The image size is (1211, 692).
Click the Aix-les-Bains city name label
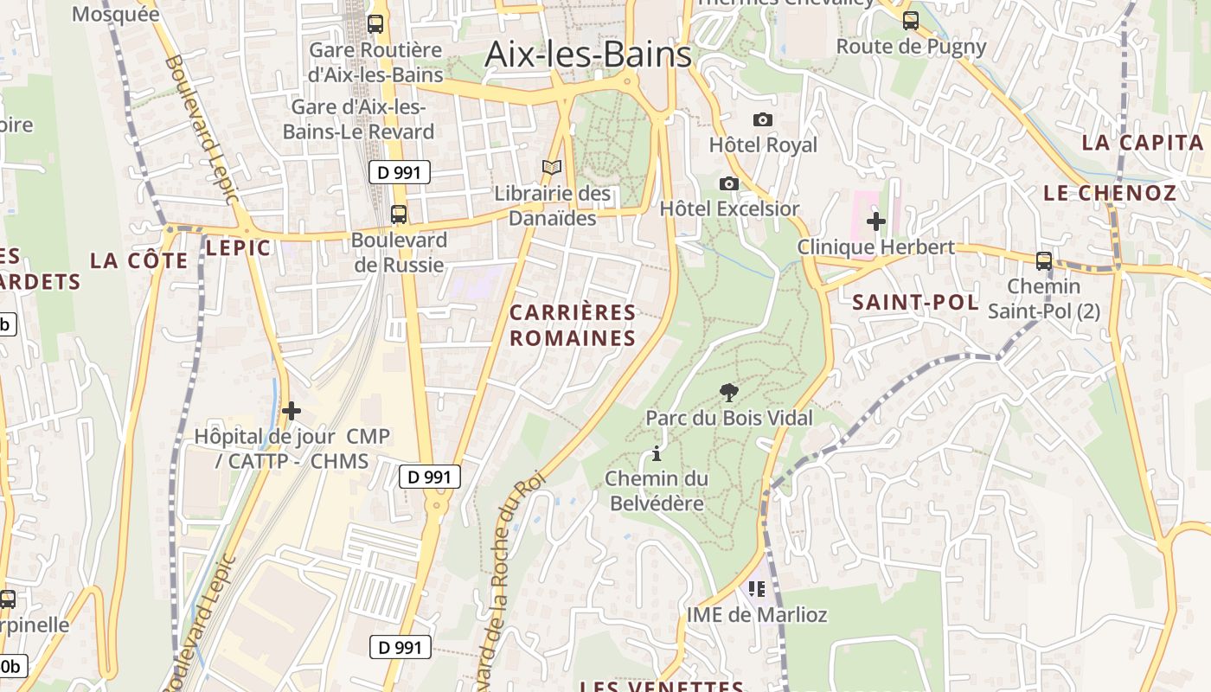588,54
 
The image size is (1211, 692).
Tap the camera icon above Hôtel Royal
763,120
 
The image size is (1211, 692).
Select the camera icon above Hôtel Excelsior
729,183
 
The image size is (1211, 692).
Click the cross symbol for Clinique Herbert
876,221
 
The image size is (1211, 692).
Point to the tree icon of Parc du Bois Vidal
729,393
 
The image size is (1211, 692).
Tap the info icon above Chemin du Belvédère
657,453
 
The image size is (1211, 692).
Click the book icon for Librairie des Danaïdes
552,167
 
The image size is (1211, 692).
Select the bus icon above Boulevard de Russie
399,214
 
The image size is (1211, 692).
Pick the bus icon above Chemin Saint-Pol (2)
1044,260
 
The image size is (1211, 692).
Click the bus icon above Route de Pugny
911,21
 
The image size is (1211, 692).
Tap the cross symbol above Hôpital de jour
292,411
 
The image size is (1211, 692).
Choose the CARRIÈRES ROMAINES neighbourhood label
573,325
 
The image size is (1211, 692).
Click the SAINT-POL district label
915,303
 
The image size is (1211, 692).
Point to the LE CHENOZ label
1110,193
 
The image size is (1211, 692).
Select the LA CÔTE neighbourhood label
138,260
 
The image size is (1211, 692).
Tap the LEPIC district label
238,248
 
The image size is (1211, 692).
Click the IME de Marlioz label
757,615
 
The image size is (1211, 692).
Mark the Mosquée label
116,14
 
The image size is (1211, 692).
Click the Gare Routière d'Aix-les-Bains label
375,62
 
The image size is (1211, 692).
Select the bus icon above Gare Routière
375,23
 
